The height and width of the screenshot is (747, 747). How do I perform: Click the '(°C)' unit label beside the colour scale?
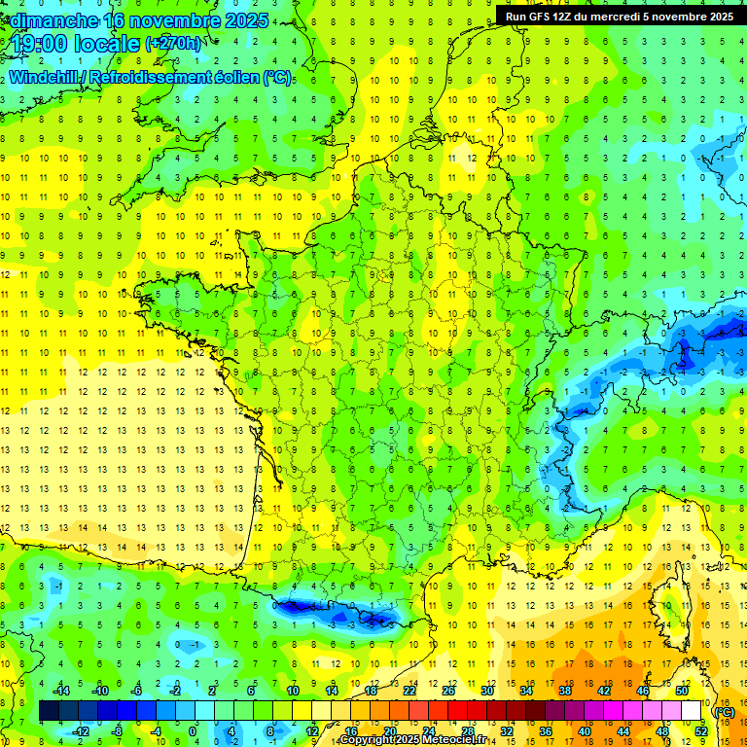724,712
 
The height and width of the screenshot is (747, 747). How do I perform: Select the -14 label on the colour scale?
60,692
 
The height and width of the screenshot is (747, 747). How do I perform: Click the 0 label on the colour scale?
192,731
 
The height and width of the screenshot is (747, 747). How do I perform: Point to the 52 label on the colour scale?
701,731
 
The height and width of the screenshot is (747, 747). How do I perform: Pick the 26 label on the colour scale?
448,692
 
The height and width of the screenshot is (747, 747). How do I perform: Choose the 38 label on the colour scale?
564,692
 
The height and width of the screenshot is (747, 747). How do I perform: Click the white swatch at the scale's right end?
692,711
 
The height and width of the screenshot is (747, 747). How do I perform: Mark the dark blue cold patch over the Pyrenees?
302,607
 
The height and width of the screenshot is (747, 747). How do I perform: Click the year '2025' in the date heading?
246,20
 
